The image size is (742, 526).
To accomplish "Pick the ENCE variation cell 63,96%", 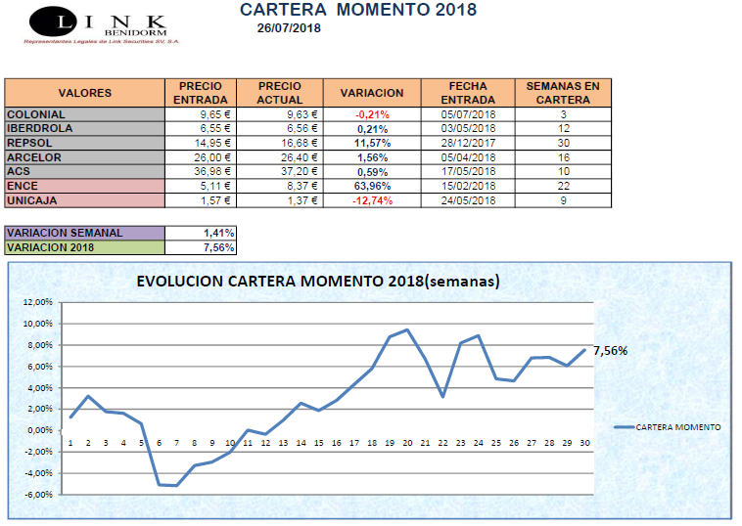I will point(372,186).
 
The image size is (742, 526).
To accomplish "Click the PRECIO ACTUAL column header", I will point(280,93).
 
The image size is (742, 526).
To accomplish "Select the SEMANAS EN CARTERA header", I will point(563,93).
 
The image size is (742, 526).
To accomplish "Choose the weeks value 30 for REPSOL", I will point(563,143).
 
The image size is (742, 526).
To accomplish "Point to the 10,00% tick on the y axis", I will point(35,324).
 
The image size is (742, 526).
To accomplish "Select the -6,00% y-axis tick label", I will point(35,495).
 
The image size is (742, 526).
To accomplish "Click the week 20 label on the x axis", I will point(406,443).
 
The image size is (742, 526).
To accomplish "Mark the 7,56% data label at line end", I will point(610,350).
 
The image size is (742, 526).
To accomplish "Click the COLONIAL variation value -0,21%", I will point(372,114).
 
